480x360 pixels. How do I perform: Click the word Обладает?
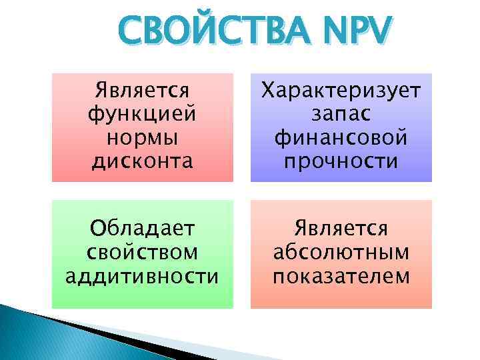143,229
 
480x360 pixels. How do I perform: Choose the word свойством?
143,253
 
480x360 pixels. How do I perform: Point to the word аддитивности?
143,276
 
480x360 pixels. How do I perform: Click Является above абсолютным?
341,229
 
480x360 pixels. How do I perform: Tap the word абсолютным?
341,253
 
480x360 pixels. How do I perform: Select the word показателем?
341,276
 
